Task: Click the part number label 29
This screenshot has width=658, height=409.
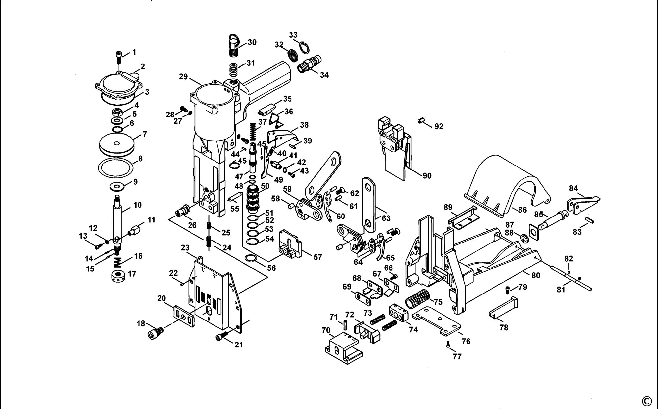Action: pos(183,77)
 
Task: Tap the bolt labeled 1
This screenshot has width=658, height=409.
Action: pos(119,58)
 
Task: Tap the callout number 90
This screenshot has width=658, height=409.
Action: pos(427,176)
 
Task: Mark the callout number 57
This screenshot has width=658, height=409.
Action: pos(317,257)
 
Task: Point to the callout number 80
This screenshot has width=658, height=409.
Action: pos(536,275)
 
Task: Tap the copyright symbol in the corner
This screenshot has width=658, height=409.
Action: pos(646,401)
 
